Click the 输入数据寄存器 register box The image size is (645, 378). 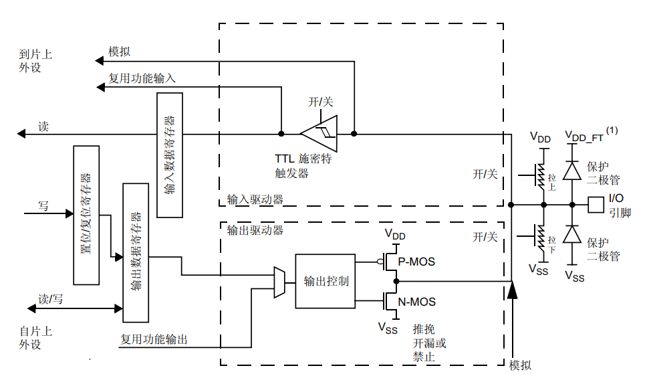(170, 155)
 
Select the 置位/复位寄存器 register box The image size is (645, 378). (86, 215)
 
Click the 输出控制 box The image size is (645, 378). (326, 281)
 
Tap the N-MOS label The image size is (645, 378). (416, 302)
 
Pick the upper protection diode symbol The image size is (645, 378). (571, 171)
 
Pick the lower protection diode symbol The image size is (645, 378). (571, 235)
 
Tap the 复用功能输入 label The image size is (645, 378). (142, 78)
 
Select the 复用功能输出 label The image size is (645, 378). (154, 340)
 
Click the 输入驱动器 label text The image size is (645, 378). (255, 199)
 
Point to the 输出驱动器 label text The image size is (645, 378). (255, 230)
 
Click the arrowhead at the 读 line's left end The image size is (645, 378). (21, 134)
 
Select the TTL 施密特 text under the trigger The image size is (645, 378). (303, 160)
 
